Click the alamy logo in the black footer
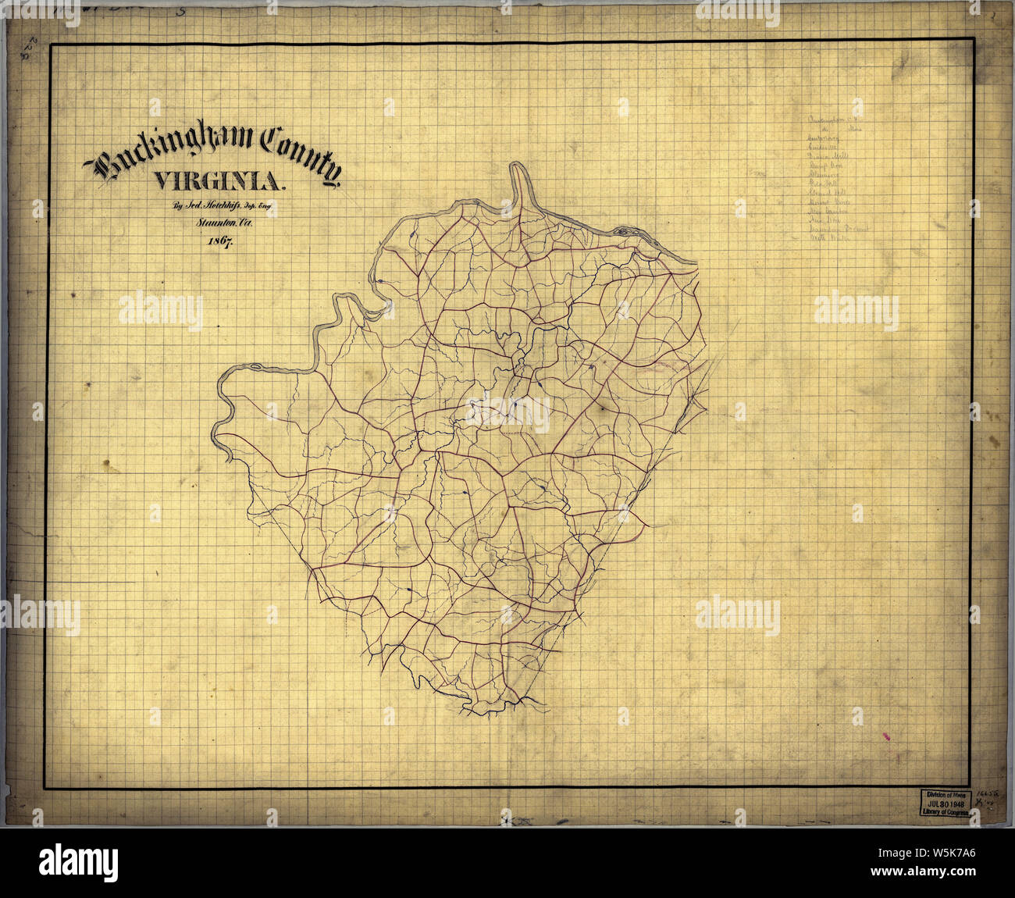click(78, 862)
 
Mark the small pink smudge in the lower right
click(885, 735)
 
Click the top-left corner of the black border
click(52, 45)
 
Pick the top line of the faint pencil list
click(835, 123)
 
